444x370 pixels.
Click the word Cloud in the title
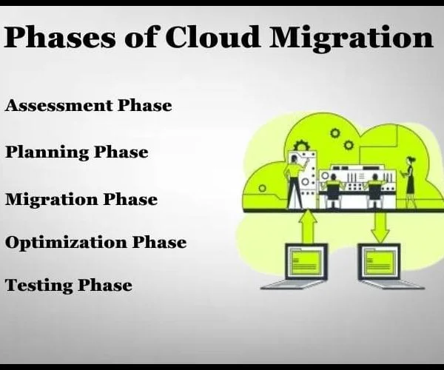pyautogui.click(x=212, y=37)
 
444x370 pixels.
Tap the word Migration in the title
pyautogui.click(x=351, y=39)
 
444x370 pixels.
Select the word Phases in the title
pyautogui.click(x=60, y=37)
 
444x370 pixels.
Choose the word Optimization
pyautogui.click(x=66, y=242)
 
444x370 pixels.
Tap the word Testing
pyautogui.click(x=38, y=286)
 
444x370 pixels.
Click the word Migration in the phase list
pyautogui.click(x=51, y=200)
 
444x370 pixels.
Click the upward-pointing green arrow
pyautogui.click(x=308, y=226)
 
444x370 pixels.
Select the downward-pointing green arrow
pyautogui.click(x=380, y=227)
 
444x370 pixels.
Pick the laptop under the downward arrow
pyautogui.click(x=388, y=266)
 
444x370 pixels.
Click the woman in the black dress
pyautogui.click(x=409, y=182)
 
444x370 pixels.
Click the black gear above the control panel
pyautogui.click(x=301, y=146)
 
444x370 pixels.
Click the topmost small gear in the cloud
pyautogui.click(x=335, y=133)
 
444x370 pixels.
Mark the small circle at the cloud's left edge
pyautogui.click(x=263, y=188)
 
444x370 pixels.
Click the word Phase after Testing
pyautogui.click(x=105, y=285)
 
